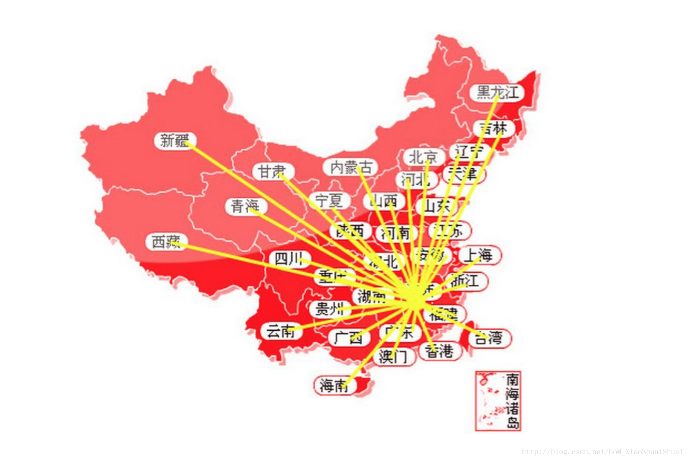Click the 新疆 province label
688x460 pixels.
click(x=174, y=140)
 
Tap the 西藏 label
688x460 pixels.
click(x=166, y=242)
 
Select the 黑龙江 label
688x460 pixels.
click(x=497, y=92)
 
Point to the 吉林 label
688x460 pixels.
click(x=493, y=128)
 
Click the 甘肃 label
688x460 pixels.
click(x=272, y=171)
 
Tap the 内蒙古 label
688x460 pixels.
click(x=351, y=167)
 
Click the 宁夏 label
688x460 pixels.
click(x=329, y=201)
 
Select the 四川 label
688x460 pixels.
click(x=289, y=259)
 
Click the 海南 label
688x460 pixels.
click(x=334, y=385)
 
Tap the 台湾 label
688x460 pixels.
click(x=489, y=338)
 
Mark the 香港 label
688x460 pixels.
click(x=439, y=351)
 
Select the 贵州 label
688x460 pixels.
click(x=329, y=309)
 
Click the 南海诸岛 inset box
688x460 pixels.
click(x=498, y=401)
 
